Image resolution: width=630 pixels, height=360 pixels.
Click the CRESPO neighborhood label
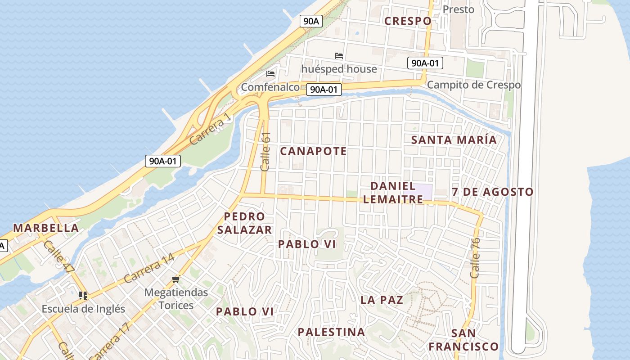408,21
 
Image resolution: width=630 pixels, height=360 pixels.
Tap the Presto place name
458,9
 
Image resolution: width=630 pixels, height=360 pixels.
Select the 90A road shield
311,21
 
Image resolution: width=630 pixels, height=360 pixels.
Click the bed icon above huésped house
339,56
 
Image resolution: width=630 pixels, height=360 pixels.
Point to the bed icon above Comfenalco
270,73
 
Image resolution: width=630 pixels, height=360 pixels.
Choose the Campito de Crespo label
473,85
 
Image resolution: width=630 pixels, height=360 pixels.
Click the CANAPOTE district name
313,151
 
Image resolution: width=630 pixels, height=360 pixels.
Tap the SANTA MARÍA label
454,140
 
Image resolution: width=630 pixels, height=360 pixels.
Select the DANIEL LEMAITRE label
393,193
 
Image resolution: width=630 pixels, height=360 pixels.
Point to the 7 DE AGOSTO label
492,192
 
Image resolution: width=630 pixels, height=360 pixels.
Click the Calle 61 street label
265,151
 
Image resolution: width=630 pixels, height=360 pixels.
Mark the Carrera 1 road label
210,129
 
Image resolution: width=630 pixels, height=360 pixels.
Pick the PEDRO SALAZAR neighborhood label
244,223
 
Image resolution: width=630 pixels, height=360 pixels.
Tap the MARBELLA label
46,228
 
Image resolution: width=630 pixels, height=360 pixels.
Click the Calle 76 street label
475,258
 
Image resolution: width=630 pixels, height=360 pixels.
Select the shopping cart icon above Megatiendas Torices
176,279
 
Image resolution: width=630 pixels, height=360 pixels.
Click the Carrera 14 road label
149,268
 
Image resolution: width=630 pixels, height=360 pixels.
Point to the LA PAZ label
382,300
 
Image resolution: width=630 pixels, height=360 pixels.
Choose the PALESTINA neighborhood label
331,332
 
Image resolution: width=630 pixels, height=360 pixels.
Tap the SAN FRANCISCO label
463,340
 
